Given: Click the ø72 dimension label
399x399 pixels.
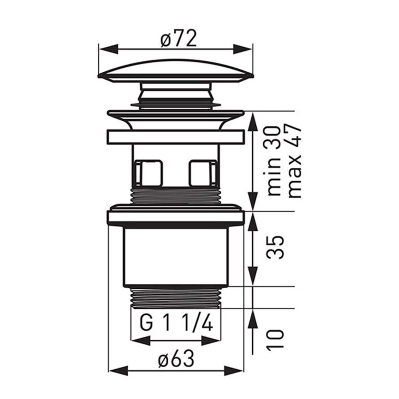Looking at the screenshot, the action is pyautogui.click(x=179, y=38).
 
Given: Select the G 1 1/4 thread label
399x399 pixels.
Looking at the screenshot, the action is pyautogui.click(x=176, y=323).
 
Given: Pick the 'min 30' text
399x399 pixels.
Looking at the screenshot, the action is pyautogui.click(x=274, y=160).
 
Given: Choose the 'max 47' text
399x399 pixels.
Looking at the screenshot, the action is pyautogui.click(x=295, y=161).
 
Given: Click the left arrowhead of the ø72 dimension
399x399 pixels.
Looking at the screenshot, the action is pyautogui.click(x=108, y=49).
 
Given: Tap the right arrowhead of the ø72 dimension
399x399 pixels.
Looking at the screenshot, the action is pyautogui.click(x=243, y=49).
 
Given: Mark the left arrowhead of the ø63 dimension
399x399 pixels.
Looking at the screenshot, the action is pyautogui.click(x=118, y=371).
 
